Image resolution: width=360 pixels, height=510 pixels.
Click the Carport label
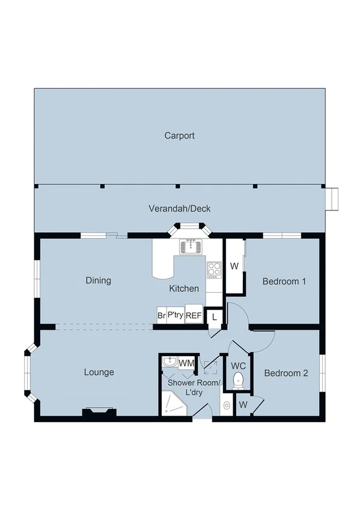179,136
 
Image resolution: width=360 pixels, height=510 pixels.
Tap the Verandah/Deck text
179,209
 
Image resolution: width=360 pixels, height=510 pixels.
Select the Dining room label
98,280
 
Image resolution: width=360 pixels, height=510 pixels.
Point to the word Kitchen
183,289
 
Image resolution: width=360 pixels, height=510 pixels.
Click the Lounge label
99,372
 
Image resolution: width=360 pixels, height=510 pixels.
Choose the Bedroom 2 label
286,373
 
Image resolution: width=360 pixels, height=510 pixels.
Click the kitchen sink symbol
192,247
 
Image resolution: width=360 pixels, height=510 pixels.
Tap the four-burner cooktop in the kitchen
214,271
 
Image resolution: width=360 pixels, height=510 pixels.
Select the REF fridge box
194,315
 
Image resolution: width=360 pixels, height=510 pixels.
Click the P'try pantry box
175,315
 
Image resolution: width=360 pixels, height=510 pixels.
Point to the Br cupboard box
161,315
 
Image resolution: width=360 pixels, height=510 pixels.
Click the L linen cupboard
215,316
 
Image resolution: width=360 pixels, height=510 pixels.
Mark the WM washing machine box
186,363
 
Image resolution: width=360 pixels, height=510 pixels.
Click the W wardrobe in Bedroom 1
234,266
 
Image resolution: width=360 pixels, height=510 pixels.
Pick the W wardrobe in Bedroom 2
243,404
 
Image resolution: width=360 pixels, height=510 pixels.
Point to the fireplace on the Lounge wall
99,412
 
